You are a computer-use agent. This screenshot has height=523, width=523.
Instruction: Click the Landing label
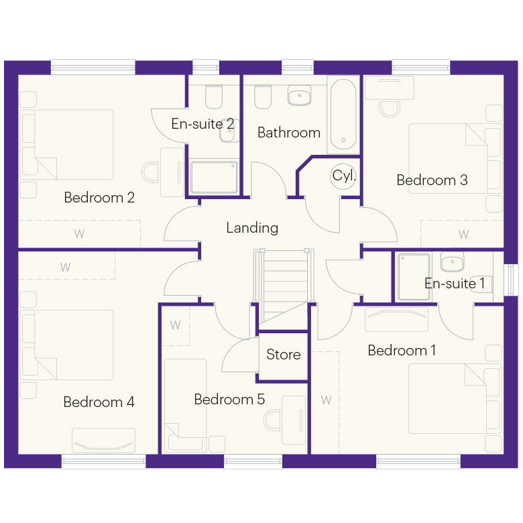252,228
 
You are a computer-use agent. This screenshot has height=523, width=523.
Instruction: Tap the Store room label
284,354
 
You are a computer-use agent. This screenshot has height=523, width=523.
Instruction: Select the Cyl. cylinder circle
343,176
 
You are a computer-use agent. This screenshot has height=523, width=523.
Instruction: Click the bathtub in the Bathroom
343,115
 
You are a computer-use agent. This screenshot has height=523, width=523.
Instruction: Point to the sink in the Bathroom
300,95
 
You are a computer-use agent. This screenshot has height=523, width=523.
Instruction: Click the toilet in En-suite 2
214,97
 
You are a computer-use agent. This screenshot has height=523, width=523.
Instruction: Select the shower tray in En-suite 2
214,177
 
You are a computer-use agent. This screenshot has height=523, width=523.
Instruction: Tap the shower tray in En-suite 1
414,277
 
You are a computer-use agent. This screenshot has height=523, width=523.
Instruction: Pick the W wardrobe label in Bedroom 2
79,234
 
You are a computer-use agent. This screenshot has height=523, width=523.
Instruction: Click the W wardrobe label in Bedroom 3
463,234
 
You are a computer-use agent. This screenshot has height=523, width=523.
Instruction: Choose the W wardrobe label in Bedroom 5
175,325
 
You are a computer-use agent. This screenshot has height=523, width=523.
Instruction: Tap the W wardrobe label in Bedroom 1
327,400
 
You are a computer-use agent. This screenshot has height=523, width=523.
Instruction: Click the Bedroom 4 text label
99,402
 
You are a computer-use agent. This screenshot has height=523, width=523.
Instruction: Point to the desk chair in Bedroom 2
150,172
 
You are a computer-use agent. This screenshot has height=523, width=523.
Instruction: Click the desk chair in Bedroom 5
272,421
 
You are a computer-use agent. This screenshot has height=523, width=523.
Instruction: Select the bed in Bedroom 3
455,159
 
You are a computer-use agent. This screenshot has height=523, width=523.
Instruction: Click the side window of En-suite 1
511,280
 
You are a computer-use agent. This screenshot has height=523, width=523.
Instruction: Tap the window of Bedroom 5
253,461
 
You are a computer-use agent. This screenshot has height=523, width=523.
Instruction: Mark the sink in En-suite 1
452,261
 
